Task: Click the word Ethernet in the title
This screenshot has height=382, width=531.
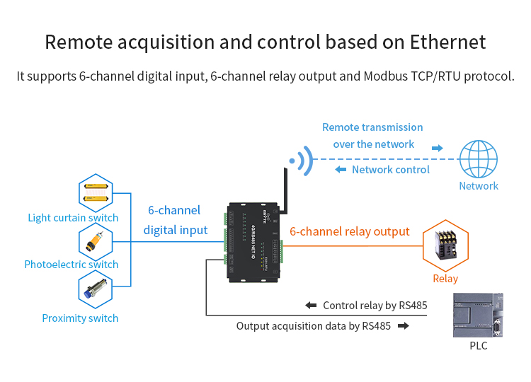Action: pyautogui.click(x=447, y=42)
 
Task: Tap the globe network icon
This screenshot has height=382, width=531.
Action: pyautogui.click(x=479, y=158)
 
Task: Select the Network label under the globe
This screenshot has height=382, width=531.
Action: pyautogui.click(x=479, y=186)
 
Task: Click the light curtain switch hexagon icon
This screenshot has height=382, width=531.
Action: pyautogui.click(x=97, y=192)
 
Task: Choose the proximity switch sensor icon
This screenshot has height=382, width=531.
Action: pyautogui.click(x=97, y=291)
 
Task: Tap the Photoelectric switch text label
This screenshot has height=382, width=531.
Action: pyautogui.click(x=72, y=265)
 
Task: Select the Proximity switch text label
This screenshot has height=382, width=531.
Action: pyautogui.click(x=80, y=318)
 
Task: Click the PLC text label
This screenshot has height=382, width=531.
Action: pyautogui.click(x=479, y=346)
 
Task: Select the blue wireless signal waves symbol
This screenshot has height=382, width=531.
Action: pyautogui.click(x=303, y=161)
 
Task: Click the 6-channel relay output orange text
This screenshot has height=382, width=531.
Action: pyautogui.click(x=350, y=231)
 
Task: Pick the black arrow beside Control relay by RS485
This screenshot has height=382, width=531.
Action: pyautogui.click(x=311, y=306)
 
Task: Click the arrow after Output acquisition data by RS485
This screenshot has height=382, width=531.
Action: pyautogui.click(x=404, y=326)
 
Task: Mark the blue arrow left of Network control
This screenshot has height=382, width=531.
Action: pyautogui.click(x=340, y=170)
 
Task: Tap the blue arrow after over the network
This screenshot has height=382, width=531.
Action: pyautogui.click(x=438, y=149)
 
